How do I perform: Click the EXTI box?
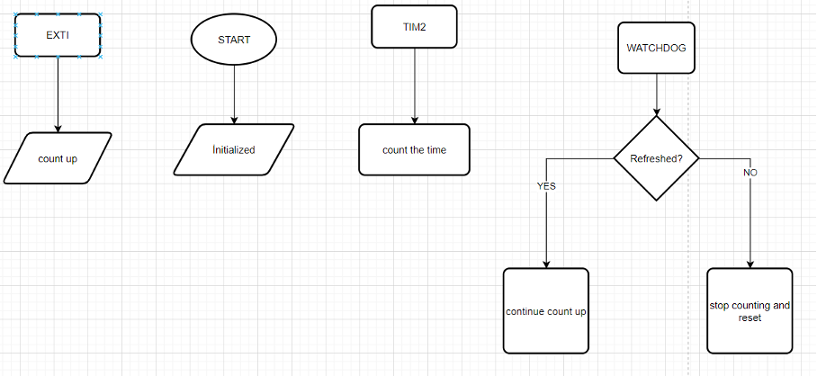click(x=58, y=36)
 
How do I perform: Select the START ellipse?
click(x=234, y=40)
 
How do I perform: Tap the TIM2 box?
click(x=415, y=26)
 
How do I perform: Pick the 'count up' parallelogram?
click(x=58, y=158)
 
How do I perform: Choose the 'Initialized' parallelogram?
click(x=234, y=149)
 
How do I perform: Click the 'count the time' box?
click(x=415, y=149)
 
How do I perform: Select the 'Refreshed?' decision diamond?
click(x=656, y=158)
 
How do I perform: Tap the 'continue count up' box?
click(x=546, y=311)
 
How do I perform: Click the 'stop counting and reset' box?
click(x=750, y=311)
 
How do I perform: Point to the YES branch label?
click(x=546, y=186)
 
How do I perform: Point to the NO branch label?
click(x=750, y=172)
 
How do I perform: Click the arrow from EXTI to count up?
click(x=58, y=94)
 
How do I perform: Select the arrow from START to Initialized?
click(x=234, y=94)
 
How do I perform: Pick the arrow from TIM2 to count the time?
click(x=415, y=85)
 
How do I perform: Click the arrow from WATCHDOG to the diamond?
click(x=657, y=94)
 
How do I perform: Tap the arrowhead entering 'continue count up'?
click(x=546, y=264)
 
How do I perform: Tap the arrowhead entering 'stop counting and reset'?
click(x=750, y=264)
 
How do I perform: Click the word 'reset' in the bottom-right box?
click(x=750, y=318)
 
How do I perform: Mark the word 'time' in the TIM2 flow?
click(x=435, y=150)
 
